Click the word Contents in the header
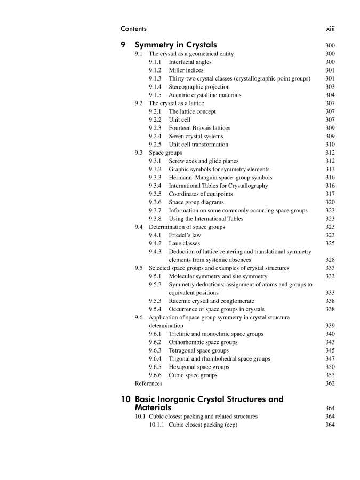(134, 28)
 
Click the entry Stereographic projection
(199, 87)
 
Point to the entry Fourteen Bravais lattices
(199, 128)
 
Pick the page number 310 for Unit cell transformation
(330, 145)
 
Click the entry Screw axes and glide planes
(204, 161)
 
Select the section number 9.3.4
(156, 186)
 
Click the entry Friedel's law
(185, 235)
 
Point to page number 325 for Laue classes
(330, 243)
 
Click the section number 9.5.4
(156, 309)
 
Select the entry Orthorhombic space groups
(203, 342)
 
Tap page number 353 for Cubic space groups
(330, 375)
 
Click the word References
(149, 383)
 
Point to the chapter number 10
(126, 399)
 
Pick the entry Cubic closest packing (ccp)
(203, 425)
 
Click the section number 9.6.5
(156, 367)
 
